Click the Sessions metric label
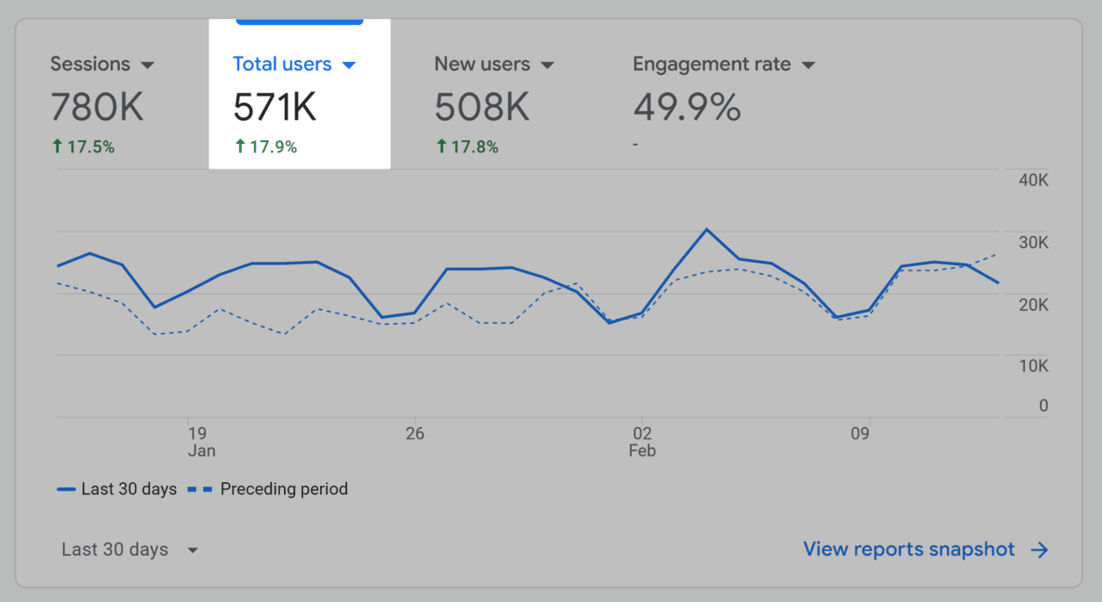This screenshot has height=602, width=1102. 90,65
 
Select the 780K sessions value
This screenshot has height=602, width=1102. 96,108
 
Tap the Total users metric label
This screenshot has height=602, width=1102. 282,65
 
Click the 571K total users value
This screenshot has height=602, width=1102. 275,108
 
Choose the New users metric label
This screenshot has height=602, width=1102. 482,65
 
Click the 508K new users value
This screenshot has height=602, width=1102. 481,108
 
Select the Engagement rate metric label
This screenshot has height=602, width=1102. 712,65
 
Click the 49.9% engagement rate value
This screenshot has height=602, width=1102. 687,108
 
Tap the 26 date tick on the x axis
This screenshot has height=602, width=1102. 415,433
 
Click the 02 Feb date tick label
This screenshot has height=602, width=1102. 642,441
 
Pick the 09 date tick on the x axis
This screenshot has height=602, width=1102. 860,433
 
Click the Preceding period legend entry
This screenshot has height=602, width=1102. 283,489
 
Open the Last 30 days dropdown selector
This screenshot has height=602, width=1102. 130,550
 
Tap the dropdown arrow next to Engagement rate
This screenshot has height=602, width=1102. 808,65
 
